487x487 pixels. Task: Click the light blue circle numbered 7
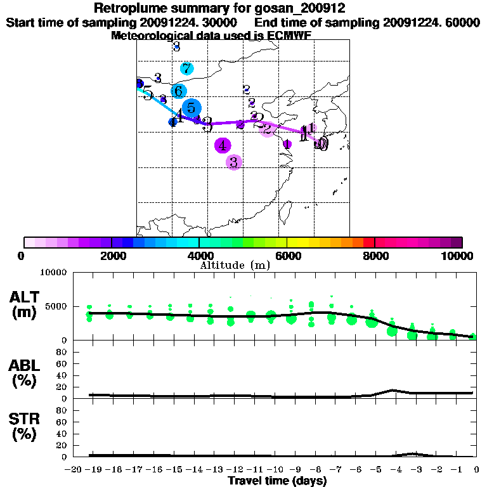tap(186, 68)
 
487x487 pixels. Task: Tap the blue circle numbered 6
tap(179, 91)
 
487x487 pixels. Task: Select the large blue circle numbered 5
tap(191, 108)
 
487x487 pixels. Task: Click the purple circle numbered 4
tap(222, 146)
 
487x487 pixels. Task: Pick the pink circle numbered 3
tap(233, 162)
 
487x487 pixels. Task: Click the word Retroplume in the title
tap(128, 9)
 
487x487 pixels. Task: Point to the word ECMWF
tap(289, 36)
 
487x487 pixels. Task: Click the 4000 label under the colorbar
tap(199, 256)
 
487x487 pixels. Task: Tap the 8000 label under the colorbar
tap(375, 256)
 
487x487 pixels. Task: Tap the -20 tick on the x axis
tap(74, 470)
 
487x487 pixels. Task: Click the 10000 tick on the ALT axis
tap(53, 273)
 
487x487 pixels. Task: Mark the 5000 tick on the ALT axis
tap(56, 306)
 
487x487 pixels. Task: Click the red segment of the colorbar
tap(369, 242)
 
